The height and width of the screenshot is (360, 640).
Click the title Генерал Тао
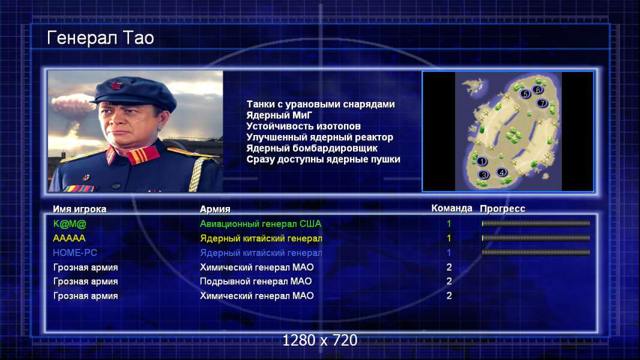click(100, 38)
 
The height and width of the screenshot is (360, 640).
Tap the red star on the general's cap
click(116, 86)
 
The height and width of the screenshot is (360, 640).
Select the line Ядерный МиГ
click(279, 115)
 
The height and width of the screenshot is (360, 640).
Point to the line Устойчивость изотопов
click(304, 127)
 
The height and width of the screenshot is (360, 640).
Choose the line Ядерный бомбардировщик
click(312, 148)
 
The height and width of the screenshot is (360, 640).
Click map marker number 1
click(482, 161)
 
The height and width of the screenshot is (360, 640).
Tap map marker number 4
click(502, 172)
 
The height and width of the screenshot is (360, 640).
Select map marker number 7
click(542, 103)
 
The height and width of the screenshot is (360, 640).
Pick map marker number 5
click(525, 94)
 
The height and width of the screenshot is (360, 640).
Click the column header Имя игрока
click(80, 209)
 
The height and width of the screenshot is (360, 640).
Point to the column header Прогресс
click(503, 209)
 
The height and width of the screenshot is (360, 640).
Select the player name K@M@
click(70, 224)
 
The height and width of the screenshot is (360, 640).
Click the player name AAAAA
click(69, 238)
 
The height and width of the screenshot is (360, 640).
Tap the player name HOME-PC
click(75, 253)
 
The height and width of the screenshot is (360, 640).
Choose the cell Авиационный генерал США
click(261, 224)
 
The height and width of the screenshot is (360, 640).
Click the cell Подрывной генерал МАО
click(256, 281)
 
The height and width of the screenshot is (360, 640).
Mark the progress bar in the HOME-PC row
click(536, 253)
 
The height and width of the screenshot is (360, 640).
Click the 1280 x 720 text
click(320, 340)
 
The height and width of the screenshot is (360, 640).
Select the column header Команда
click(451, 208)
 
